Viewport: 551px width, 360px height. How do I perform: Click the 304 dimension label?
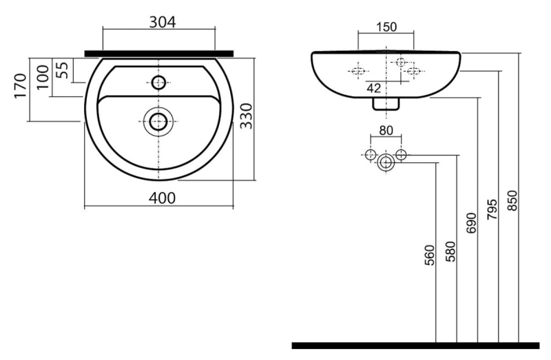point(163,22)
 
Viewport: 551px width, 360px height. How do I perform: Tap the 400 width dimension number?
point(162,198)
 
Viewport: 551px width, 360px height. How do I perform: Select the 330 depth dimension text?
point(247,116)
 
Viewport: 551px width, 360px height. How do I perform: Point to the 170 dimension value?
point(20,86)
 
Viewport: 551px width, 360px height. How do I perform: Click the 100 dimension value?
point(43,77)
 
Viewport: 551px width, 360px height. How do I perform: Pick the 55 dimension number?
point(62,70)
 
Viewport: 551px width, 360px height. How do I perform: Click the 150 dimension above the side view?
point(386,27)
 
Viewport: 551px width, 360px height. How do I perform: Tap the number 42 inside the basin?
point(373,88)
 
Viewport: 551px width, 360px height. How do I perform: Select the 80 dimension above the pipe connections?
point(386,131)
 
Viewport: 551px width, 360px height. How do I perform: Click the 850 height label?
point(512,200)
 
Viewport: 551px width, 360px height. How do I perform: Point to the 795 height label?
point(492,210)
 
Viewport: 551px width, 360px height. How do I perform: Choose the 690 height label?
point(471,222)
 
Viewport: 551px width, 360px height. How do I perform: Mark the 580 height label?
point(450,251)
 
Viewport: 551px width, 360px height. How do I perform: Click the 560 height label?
point(429,255)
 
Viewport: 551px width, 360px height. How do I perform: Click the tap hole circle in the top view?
point(158,83)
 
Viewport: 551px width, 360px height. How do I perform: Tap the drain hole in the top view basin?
point(158,122)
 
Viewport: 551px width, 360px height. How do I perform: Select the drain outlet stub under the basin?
point(386,104)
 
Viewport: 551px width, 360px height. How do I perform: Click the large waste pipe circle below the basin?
point(386,162)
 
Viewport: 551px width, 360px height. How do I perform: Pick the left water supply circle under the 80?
point(371,155)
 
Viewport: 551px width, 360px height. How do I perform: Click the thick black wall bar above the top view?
point(159,54)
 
